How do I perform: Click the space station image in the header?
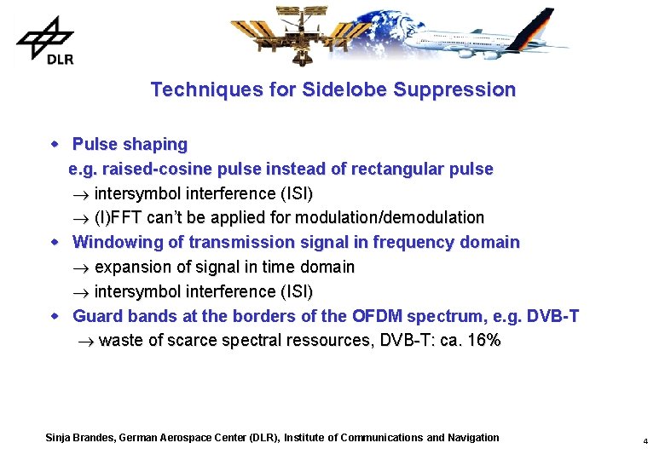298,34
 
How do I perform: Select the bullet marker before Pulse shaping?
55,144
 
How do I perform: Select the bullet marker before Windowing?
55,242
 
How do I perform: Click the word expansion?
135,267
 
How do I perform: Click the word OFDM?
376,316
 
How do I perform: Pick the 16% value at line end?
483,341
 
